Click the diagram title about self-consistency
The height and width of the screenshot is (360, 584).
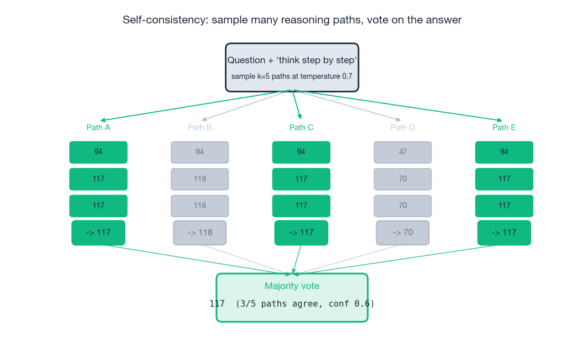[292, 20]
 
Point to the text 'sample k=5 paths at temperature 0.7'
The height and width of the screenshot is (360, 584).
[292, 76]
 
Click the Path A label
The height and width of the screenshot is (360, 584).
[98, 127]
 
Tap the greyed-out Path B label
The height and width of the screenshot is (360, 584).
[199, 127]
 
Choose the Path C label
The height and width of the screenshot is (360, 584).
[301, 127]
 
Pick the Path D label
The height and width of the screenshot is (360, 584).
[403, 127]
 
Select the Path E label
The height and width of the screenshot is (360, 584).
[504, 127]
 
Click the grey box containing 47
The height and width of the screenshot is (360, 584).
[403, 152]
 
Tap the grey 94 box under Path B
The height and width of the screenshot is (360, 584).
[199, 152]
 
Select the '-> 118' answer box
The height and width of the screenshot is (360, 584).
[199, 233]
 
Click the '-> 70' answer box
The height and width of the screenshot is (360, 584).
[403, 233]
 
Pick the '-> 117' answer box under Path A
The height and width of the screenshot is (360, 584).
[98, 233]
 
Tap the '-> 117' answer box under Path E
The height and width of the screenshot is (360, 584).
[504, 233]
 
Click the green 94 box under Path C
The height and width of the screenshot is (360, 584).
[301, 152]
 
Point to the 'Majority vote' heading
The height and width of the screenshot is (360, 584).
[292, 286]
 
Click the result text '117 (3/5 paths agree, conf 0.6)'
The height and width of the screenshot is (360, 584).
[292, 304]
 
